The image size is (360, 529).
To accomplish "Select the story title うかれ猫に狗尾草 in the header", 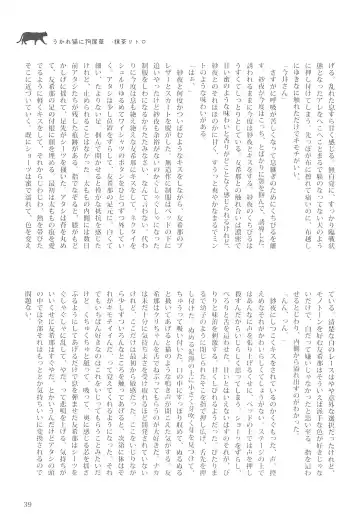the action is tap(77, 42).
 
